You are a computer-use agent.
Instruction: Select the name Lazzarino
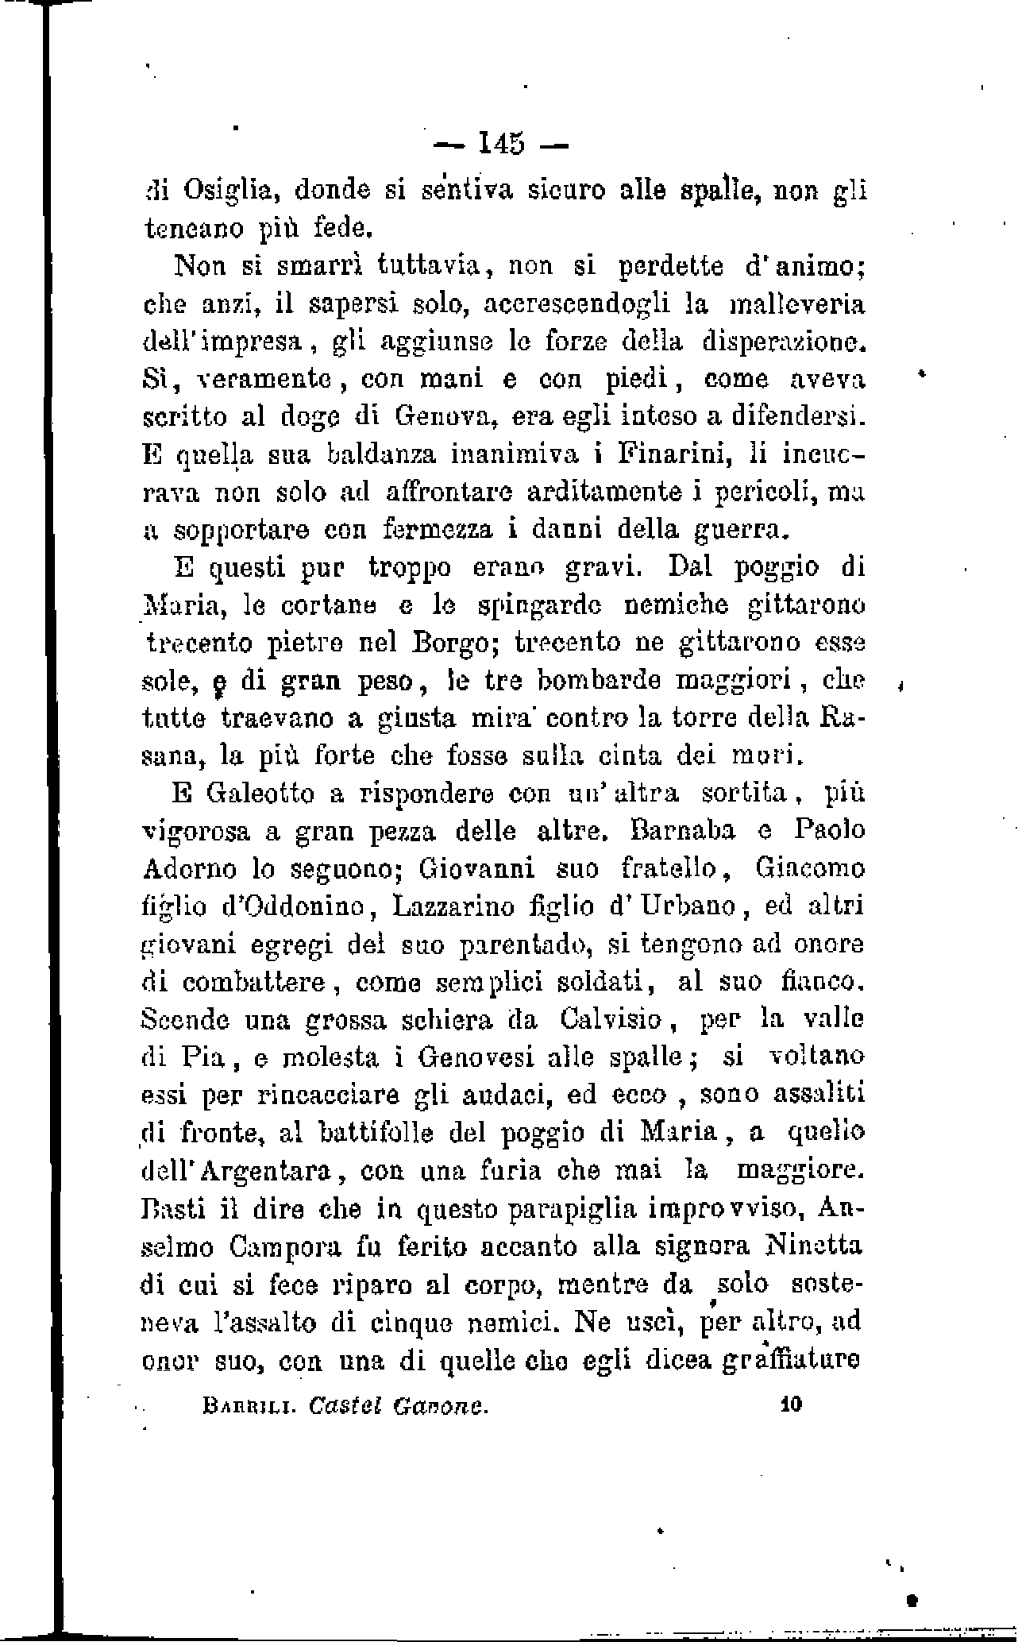pos(436,906)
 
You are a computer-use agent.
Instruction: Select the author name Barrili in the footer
pos(239,1406)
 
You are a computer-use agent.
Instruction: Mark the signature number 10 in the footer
pos(792,1404)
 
